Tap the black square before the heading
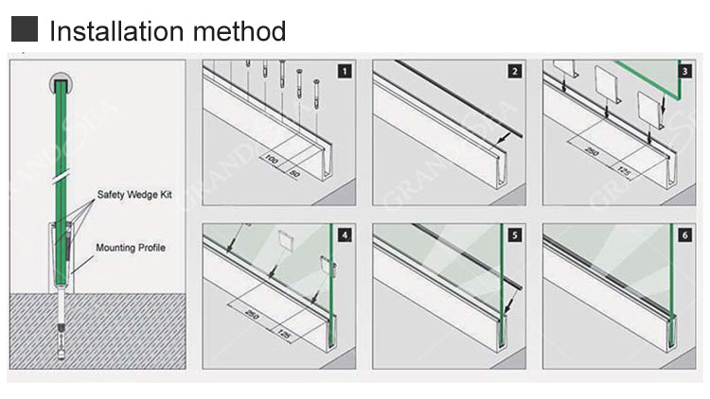coord(26,30)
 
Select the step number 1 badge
coord(345,71)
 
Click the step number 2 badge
coord(515,71)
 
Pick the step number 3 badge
coord(684,71)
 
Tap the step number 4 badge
coord(345,233)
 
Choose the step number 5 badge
coord(515,233)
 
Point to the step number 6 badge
coord(684,233)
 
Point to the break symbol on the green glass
coord(62,175)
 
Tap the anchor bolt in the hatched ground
coord(62,331)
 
